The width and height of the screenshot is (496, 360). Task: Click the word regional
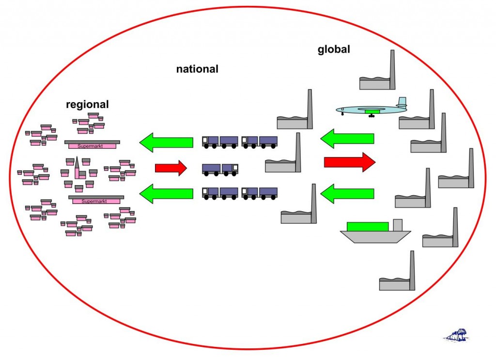(x=87, y=104)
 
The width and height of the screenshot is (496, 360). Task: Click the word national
(x=197, y=69)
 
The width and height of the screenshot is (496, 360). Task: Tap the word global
(x=334, y=49)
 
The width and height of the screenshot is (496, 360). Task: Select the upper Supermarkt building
(x=92, y=144)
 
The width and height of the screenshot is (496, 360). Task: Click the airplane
(x=371, y=110)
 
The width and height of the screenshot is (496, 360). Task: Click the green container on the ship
(x=368, y=226)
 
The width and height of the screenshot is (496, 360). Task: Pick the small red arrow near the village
(x=170, y=168)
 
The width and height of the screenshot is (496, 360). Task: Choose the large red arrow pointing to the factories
(x=349, y=162)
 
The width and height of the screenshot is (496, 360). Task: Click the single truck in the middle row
(x=220, y=169)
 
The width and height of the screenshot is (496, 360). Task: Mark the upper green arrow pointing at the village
(x=166, y=142)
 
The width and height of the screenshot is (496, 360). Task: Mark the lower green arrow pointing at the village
(x=166, y=194)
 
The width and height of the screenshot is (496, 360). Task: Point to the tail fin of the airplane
(x=402, y=103)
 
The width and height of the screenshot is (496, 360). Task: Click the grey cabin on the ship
(x=398, y=225)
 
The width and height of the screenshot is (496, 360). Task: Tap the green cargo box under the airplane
(x=372, y=111)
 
